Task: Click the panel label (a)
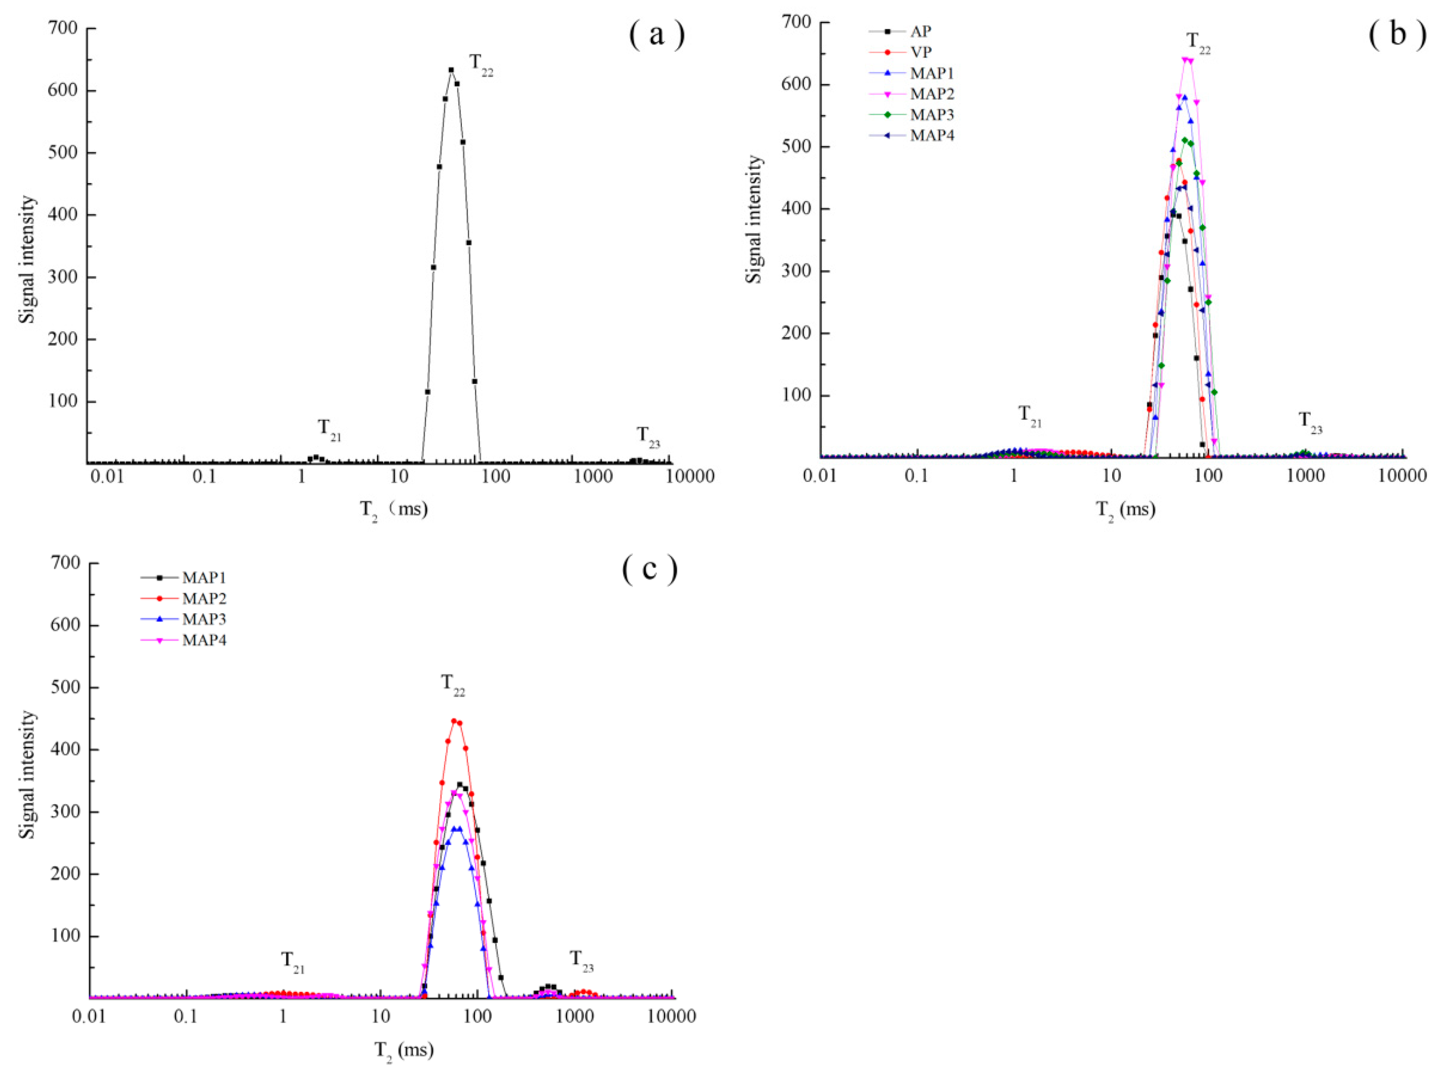pyautogui.click(x=656, y=34)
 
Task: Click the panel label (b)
pyautogui.click(x=1397, y=34)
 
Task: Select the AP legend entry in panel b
pyautogui.click(x=920, y=31)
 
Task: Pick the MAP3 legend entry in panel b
pyautogui.click(x=932, y=114)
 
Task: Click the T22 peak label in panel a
pyautogui.click(x=481, y=65)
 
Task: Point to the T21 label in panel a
pyautogui.click(x=330, y=429)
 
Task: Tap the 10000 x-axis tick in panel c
pyautogui.click(x=671, y=1017)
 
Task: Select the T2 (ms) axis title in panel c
pyautogui.click(x=404, y=1050)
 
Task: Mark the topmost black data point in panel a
pyautogui.click(x=451, y=70)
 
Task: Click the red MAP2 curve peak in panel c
pyautogui.click(x=454, y=721)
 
